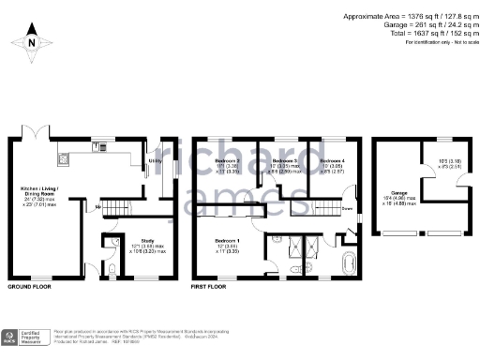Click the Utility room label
pyautogui.click(x=155, y=161)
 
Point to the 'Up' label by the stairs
pyautogui.click(x=98, y=205)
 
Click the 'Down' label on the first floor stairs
pyautogui.click(x=347, y=208)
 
